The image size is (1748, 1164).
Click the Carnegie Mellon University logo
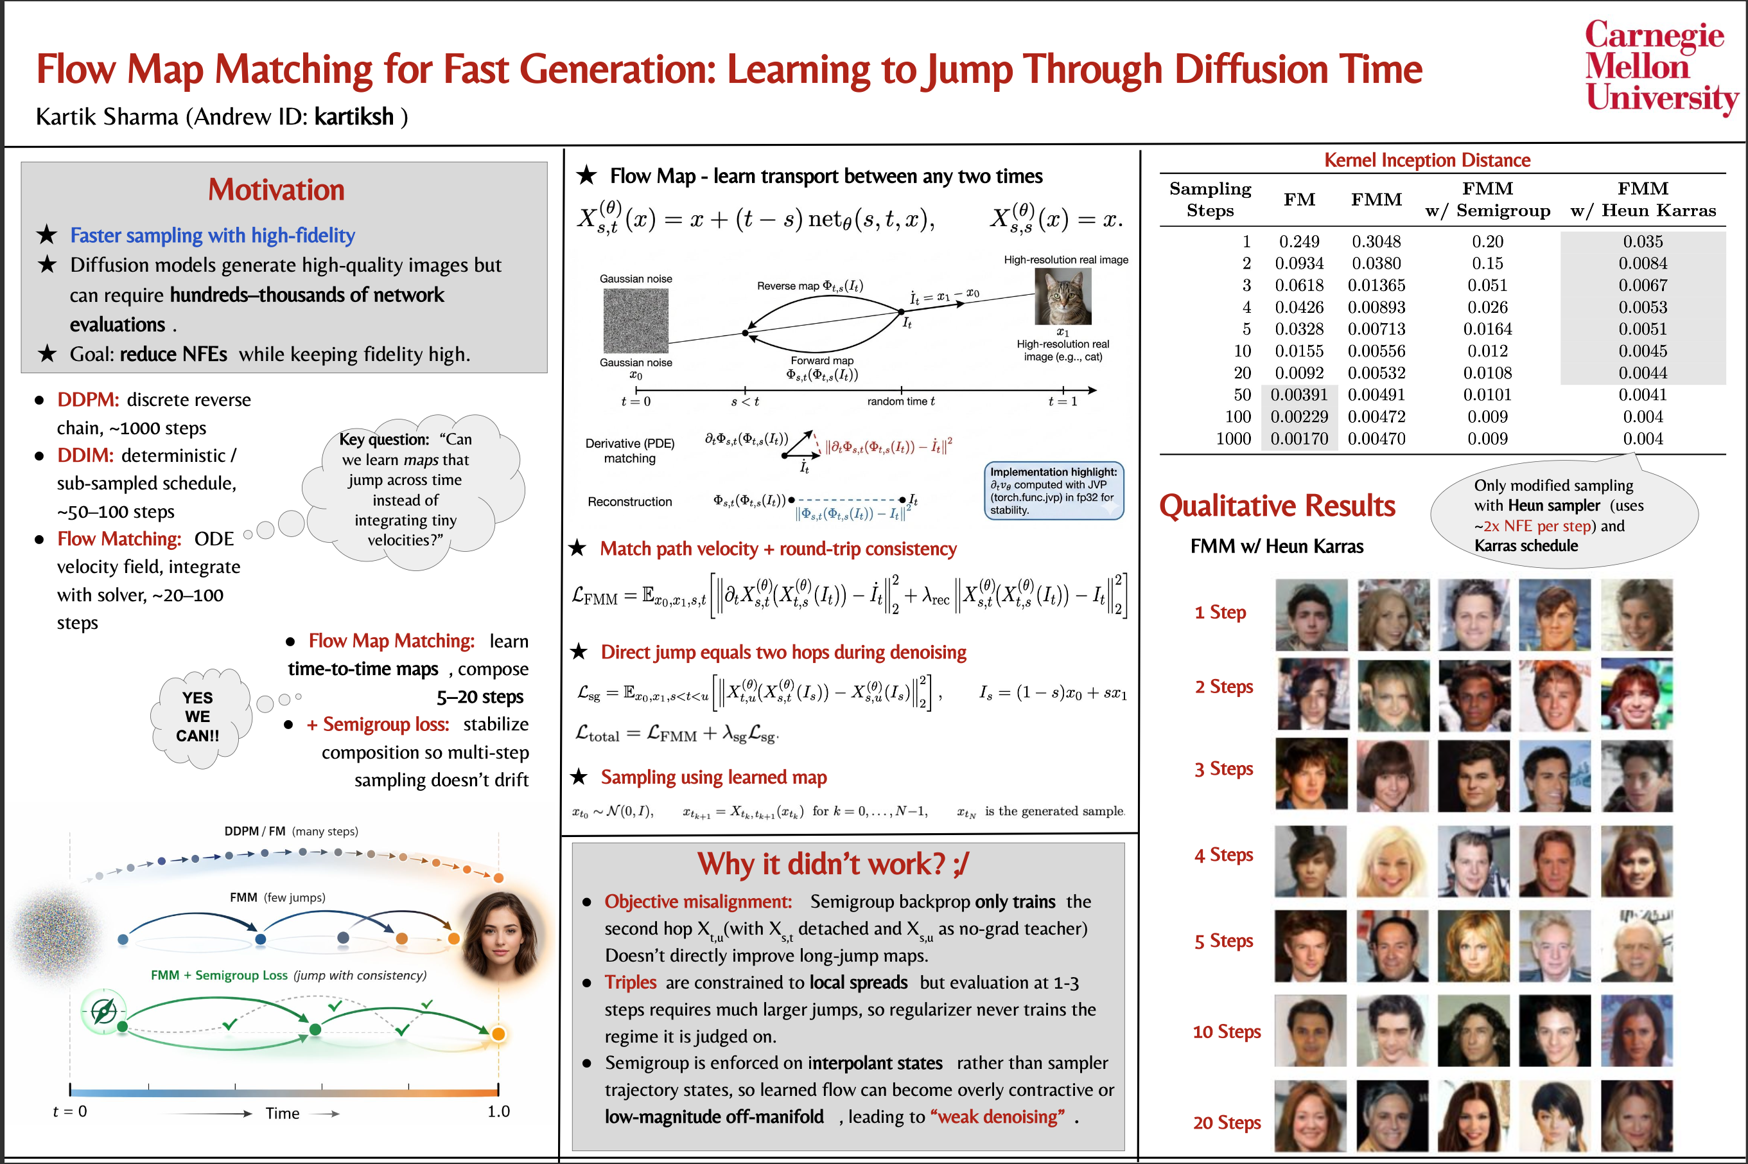[x=1661, y=66]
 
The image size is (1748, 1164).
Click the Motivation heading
[x=276, y=190]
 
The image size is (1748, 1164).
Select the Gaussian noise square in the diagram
[x=635, y=320]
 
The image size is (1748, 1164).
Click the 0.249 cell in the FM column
[x=1299, y=242]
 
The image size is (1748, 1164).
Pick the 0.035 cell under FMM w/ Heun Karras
[x=1643, y=242]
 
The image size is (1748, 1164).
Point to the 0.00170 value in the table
[x=1299, y=439]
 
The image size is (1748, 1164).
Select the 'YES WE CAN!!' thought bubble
[x=197, y=716]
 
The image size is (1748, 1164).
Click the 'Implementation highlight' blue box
[x=1054, y=491]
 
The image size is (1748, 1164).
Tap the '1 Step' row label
[x=1219, y=612]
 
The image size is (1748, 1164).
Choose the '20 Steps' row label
[x=1227, y=1122]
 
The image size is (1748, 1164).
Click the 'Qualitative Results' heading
[x=1277, y=506]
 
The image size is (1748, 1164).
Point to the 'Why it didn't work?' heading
[x=832, y=863]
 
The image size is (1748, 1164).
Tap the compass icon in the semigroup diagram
[x=103, y=1010]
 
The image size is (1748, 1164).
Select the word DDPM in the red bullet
[x=87, y=400]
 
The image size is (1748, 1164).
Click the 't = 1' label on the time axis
[x=1062, y=401]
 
